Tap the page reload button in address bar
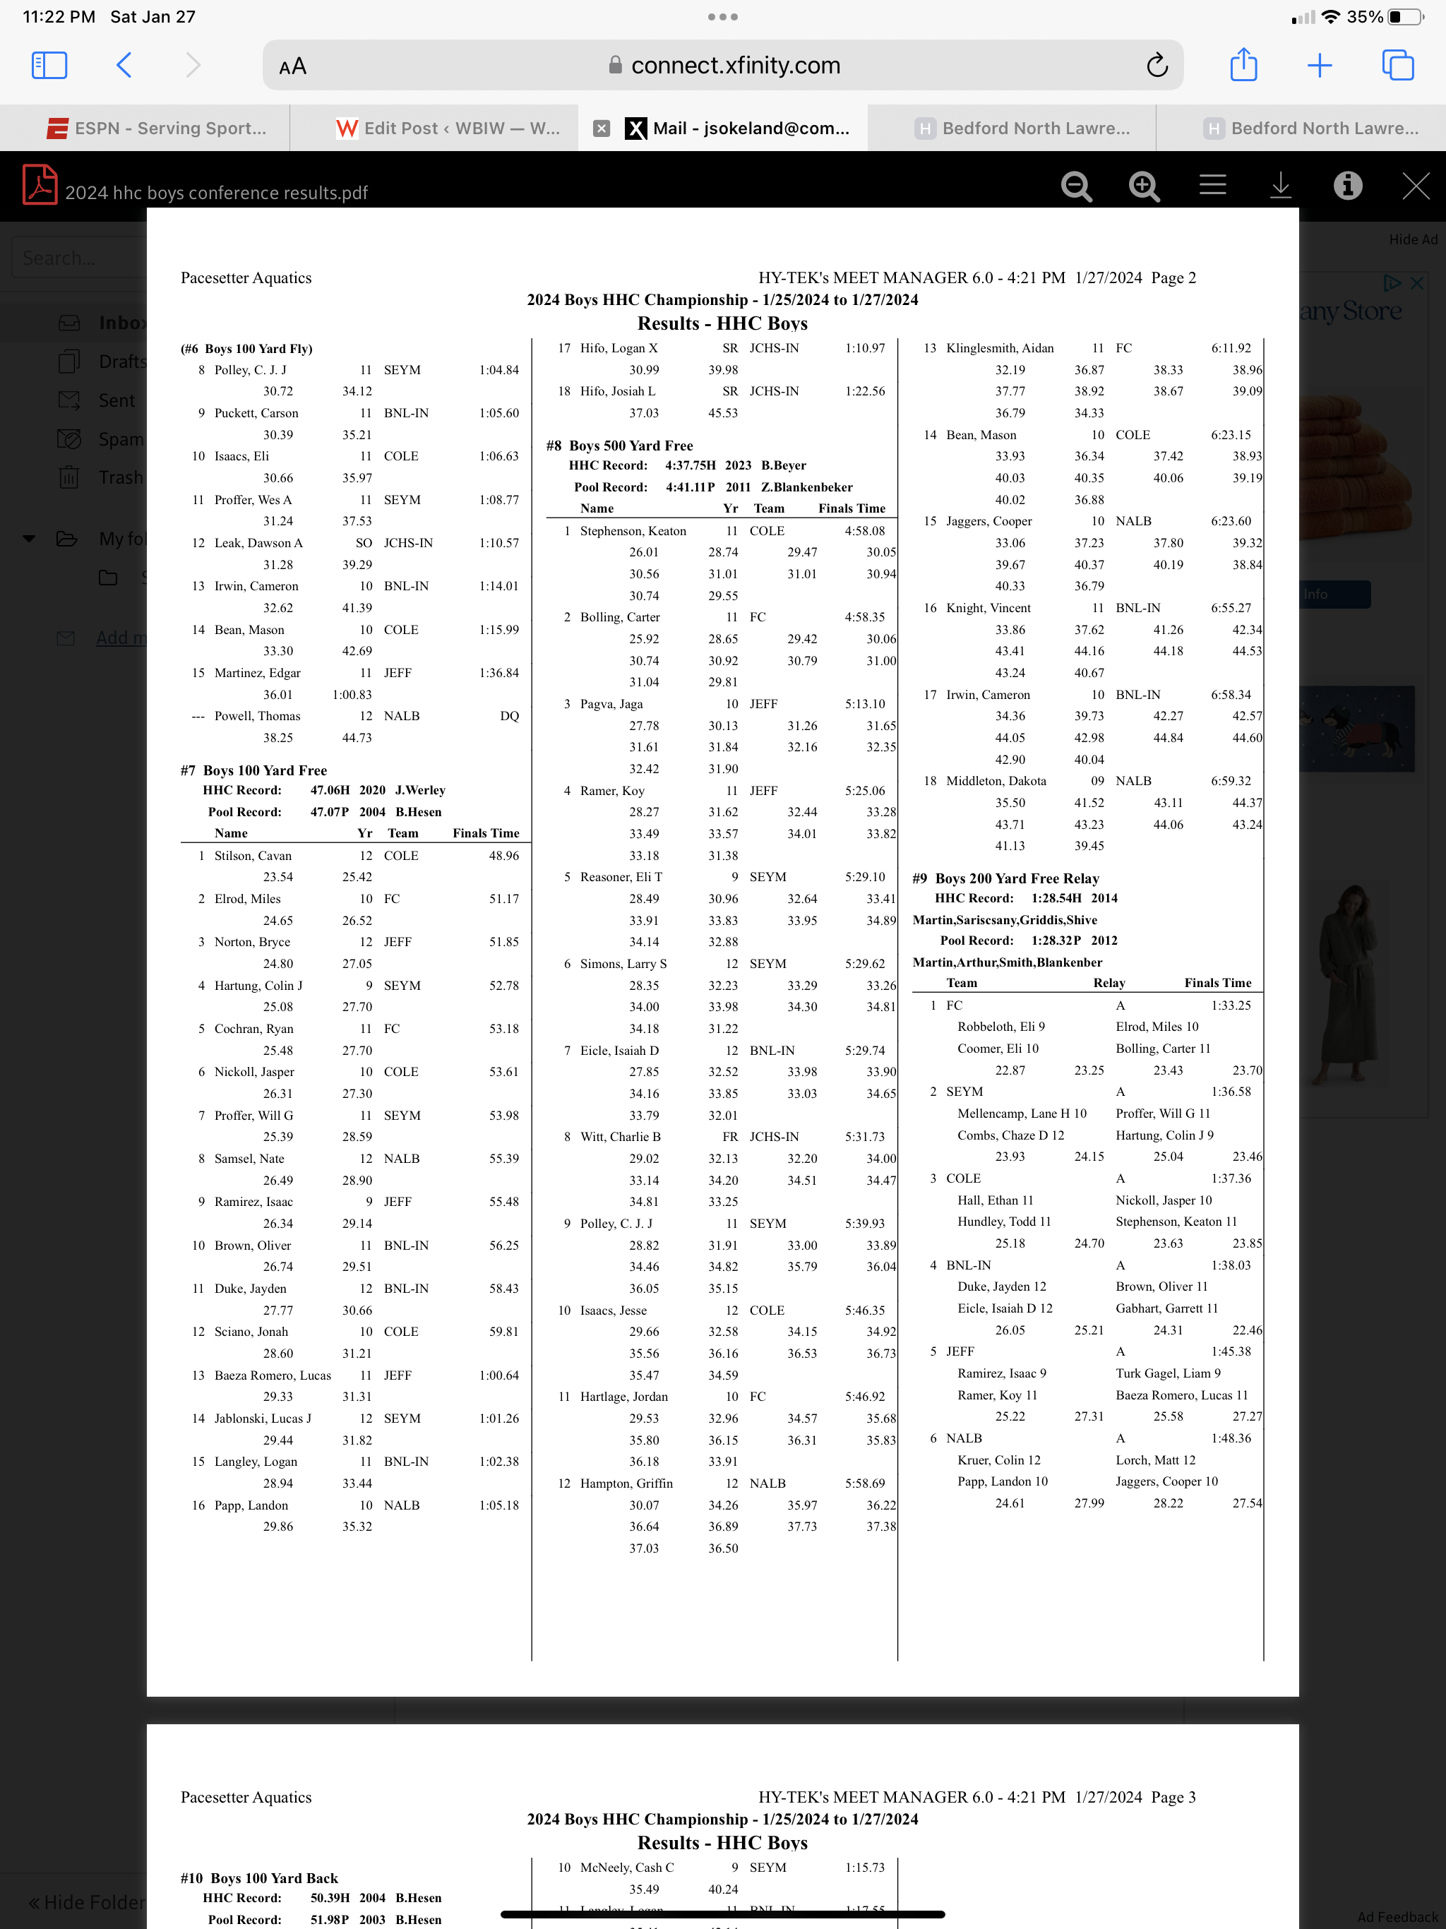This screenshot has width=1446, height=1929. (x=1157, y=66)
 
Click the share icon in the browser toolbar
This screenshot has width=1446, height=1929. (x=1243, y=66)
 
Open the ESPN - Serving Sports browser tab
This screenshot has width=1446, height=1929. (x=157, y=129)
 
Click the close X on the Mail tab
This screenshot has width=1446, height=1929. (x=601, y=129)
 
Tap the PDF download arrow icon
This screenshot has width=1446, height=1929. (x=1279, y=185)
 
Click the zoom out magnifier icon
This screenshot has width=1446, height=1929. (x=1076, y=186)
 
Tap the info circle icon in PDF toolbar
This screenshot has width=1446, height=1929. (x=1347, y=185)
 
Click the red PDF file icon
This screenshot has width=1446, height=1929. (x=40, y=185)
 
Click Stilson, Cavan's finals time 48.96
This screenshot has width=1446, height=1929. (x=503, y=856)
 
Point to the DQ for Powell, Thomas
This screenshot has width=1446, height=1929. (x=509, y=716)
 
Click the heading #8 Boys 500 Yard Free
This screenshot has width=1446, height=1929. (x=620, y=446)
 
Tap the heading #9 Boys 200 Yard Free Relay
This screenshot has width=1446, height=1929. (x=1005, y=878)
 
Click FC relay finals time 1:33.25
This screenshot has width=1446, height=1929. (x=1231, y=1005)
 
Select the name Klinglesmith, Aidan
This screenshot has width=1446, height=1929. (x=1000, y=348)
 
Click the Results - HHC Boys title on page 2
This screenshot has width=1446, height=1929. (x=722, y=323)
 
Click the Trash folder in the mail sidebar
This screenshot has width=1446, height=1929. (x=120, y=478)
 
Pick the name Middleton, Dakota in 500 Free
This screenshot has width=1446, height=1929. (x=996, y=780)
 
